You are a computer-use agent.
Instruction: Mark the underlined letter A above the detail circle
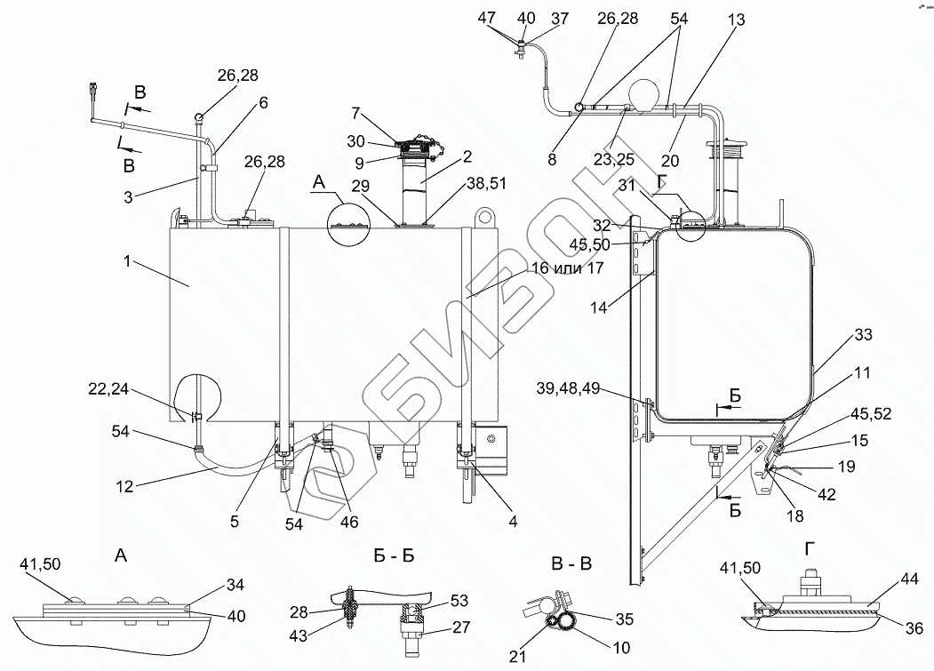point(322,182)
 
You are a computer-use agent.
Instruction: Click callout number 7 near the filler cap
point(355,113)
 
